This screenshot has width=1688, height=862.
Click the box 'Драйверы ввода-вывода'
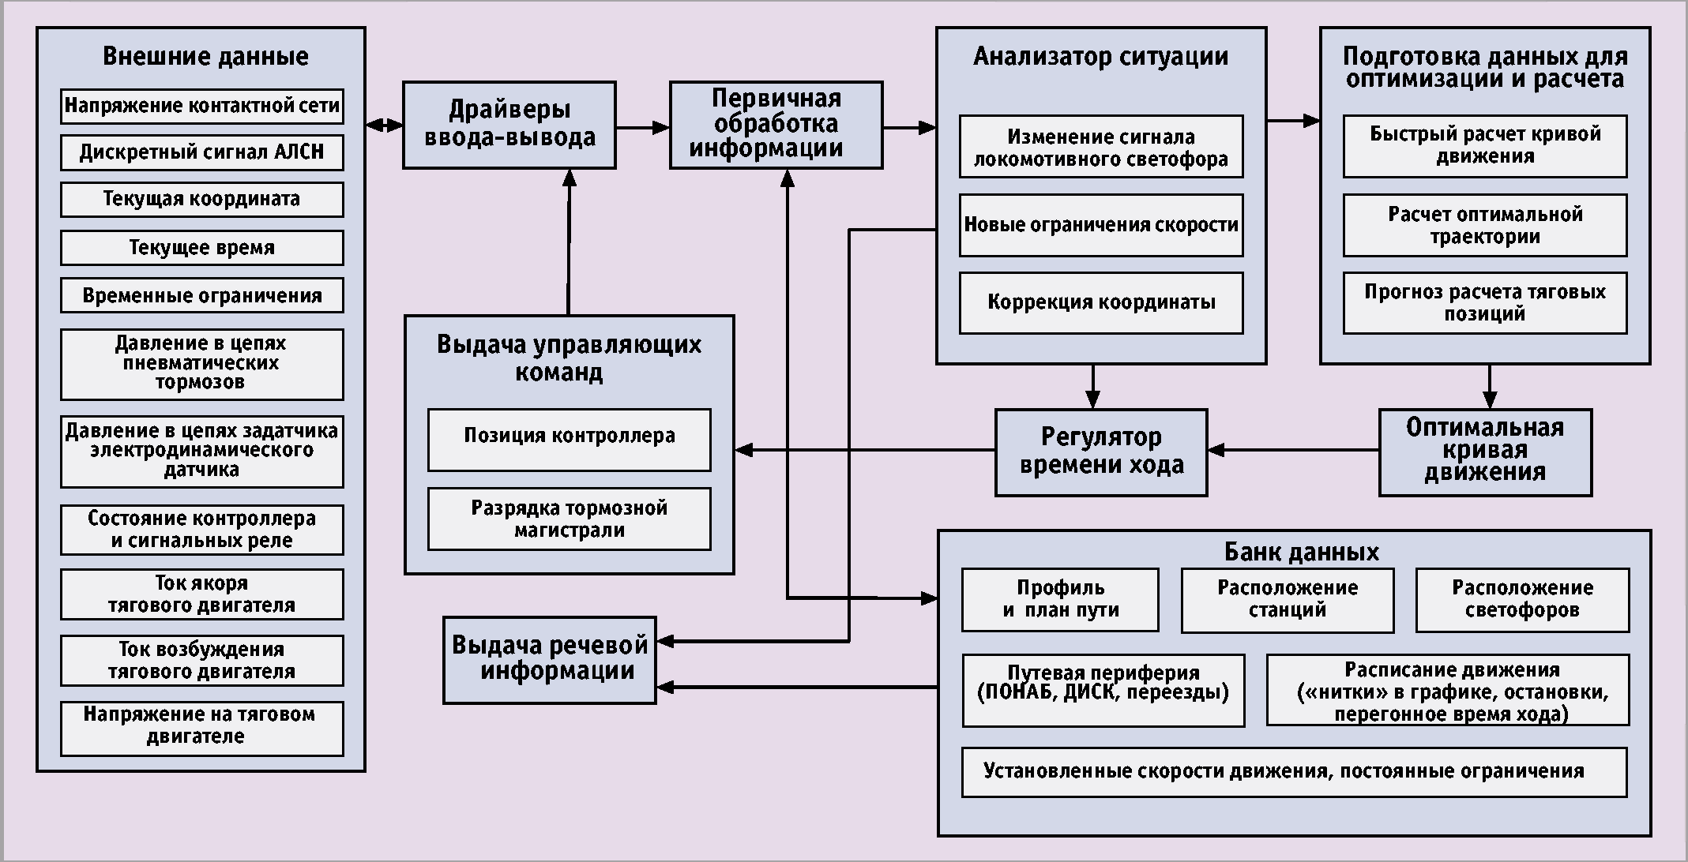[509, 125]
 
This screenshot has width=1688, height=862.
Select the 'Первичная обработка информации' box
[776, 125]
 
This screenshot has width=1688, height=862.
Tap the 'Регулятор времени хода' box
[1101, 452]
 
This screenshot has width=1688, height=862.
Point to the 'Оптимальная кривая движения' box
[1485, 452]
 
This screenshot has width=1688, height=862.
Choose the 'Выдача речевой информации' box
[550, 660]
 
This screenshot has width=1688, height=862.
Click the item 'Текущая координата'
[202, 199]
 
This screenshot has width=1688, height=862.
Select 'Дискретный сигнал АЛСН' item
[202, 152]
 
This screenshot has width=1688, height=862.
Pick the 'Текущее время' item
[202, 248]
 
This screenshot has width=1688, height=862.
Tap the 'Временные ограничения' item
[202, 296]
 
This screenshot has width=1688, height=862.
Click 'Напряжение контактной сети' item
[202, 106]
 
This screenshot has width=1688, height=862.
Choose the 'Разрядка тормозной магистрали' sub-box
[569, 519]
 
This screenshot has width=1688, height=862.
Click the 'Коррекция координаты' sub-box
[1101, 302]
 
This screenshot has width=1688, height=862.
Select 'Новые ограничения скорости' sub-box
[1101, 225]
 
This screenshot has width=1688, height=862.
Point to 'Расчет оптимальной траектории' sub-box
[1485, 225]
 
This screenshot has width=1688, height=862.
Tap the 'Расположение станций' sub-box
[1288, 600]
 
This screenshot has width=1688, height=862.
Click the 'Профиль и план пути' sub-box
[1060, 600]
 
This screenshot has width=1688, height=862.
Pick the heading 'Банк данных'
[1301, 551]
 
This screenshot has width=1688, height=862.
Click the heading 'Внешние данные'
[205, 57]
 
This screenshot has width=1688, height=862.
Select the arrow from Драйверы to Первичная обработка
[642, 126]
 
